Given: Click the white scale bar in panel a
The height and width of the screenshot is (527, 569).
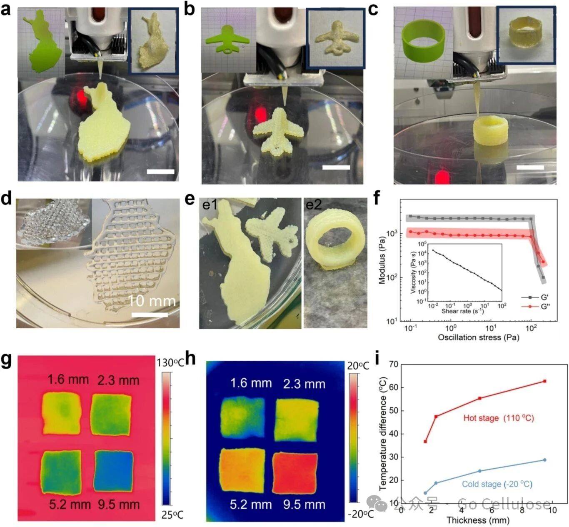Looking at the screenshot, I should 161,171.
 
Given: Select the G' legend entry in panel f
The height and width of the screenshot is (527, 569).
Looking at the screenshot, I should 537,297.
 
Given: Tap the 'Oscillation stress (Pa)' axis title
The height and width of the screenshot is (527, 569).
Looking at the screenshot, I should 478,337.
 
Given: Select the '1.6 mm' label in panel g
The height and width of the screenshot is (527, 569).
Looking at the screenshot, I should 68,380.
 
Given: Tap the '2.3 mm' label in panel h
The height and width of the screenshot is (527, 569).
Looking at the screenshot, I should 304,383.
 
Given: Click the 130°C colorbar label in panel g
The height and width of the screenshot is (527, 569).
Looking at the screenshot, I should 170,363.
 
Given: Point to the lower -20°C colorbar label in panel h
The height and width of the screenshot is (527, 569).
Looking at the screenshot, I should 360,514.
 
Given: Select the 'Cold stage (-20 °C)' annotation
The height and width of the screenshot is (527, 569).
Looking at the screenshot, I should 497,484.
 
